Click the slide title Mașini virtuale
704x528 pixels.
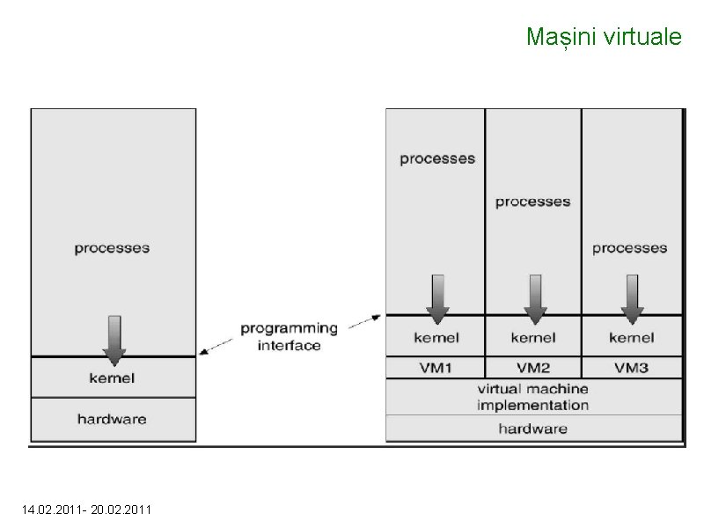tap(603, 37)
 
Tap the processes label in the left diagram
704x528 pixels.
tap(112, 248)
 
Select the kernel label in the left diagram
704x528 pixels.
tap(112, 378)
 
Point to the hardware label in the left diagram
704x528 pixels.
tap(112, 419)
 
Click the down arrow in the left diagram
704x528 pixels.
tap(114, 339)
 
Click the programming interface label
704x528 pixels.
tap(289, 336)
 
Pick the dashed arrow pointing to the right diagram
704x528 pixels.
tap(366, 320)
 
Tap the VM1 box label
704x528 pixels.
tap(436, 367)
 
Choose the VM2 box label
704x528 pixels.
tap(533, 367)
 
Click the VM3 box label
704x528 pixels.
tap(631, 367)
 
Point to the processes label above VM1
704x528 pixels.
tap(437, 159)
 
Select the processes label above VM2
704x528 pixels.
tap(532, 202)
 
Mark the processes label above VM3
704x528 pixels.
tap(630, 248)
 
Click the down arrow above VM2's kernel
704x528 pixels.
tap(534, 297)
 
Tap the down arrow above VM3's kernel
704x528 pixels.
tap(631, 297)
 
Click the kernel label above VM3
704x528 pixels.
tap(631, 337)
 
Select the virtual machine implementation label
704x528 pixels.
tap(533, 397)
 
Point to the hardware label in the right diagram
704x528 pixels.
tap(533, 429)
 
